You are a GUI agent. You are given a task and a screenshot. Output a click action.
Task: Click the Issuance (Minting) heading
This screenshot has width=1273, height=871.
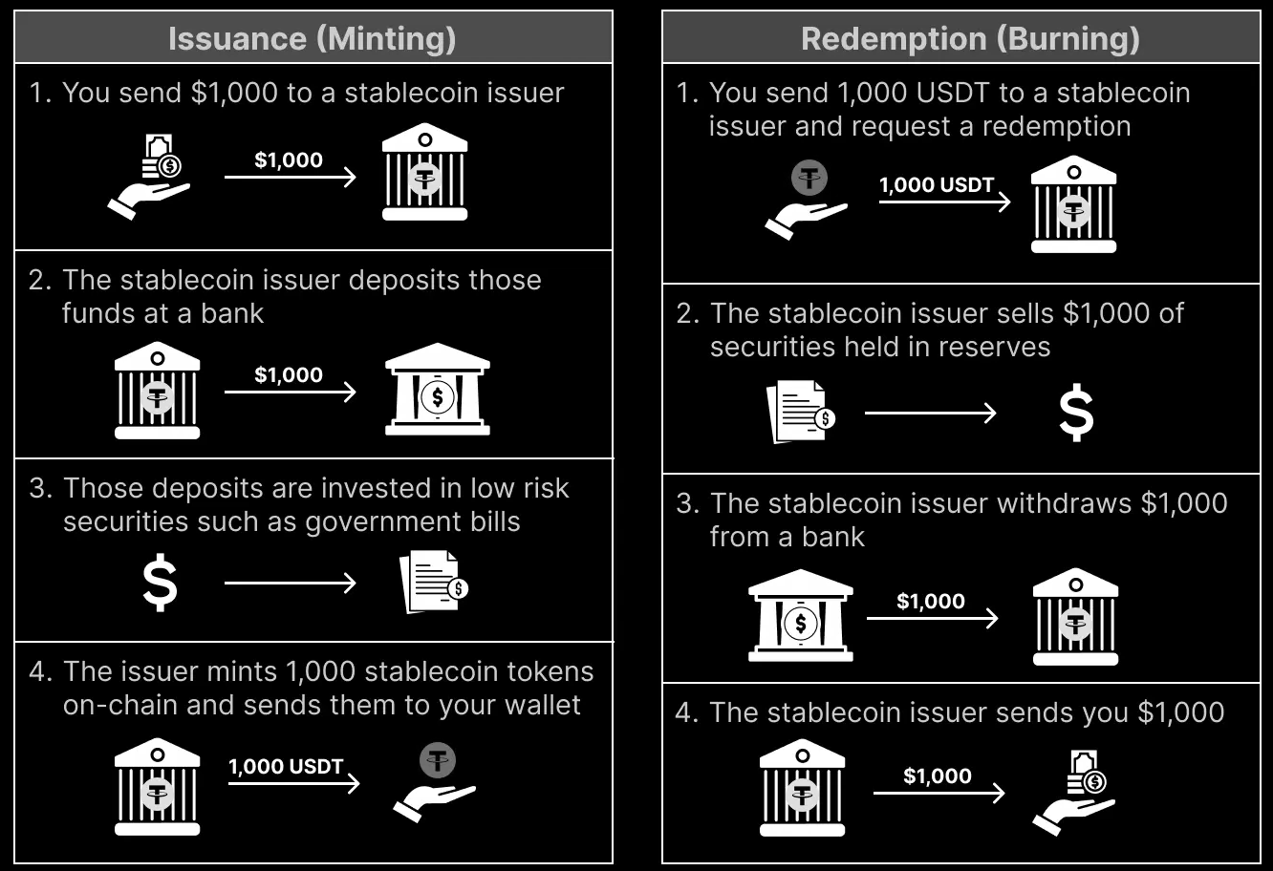click(x=313, y=38)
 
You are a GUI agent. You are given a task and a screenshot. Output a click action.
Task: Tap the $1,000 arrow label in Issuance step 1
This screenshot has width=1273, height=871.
click(x=288, y=159)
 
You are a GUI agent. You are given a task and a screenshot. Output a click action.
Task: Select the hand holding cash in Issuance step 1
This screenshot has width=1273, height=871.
click(x=151, y=177)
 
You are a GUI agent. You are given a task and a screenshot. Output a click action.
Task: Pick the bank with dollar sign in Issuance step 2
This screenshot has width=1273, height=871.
click(x=437, y=389)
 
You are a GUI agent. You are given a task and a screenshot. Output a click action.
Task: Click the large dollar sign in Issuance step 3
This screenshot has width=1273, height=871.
click(x=160, y=584)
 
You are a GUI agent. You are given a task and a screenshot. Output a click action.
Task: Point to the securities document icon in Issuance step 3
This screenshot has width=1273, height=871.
click(x=433, y=582)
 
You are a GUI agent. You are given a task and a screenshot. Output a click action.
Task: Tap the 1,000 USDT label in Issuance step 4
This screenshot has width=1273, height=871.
click(x=285, y=766)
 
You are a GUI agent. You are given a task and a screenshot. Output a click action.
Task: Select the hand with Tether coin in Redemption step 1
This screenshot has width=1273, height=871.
click(x=807, y=200)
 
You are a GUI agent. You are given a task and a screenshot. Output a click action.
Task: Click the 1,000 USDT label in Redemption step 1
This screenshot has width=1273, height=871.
click(x=937, y=184)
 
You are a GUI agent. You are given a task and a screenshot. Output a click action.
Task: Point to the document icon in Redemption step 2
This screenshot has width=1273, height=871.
click(x=800, y=412)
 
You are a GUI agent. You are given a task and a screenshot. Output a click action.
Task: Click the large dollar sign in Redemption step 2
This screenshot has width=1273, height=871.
click(x=1076, y=413)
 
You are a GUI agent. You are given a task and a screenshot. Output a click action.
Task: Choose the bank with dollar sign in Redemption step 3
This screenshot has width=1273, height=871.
click(x=800, y=615)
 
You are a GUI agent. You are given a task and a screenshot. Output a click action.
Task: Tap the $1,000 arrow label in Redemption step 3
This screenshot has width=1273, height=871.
click(x=930, y=601)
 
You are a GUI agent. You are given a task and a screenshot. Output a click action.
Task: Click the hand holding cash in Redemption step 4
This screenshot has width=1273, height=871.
click(x=1074, y=792)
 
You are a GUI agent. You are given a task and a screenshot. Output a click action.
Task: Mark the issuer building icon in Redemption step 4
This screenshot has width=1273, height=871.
click(x=802, y=788)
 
